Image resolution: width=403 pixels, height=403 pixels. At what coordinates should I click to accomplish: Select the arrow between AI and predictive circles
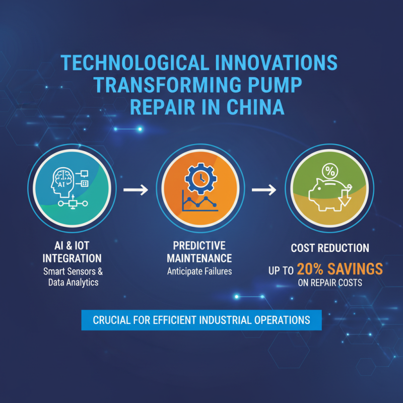point(136,190)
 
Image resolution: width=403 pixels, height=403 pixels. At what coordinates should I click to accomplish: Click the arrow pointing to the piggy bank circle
point(264,190)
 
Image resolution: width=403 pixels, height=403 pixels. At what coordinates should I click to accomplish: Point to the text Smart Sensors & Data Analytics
point(72,277)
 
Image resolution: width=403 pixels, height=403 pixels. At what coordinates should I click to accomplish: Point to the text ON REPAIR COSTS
point(329,283)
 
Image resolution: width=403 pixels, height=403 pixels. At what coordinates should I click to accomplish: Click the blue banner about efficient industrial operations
point(201,320)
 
